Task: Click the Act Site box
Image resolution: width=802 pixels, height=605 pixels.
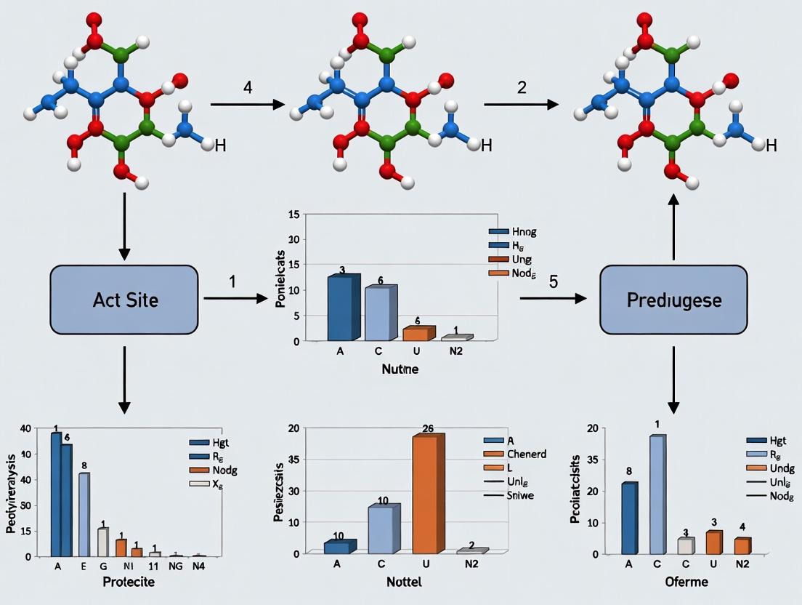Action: point(124,300)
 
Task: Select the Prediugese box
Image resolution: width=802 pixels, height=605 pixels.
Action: point(674,300)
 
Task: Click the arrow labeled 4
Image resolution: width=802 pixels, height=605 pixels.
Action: point(247,105)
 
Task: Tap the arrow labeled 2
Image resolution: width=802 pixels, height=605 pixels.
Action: point(521,105)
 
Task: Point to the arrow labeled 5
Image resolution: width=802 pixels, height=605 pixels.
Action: point(553,297)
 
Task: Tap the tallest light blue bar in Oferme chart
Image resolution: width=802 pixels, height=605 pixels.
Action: point(657,494)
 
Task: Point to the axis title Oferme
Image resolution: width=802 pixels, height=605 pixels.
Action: point(686,582)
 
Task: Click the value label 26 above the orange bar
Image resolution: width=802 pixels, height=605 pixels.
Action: point(428,428)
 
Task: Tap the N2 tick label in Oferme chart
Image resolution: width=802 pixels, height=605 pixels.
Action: point(741,564)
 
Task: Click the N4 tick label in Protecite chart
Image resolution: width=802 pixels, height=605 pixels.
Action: point(199,564)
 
